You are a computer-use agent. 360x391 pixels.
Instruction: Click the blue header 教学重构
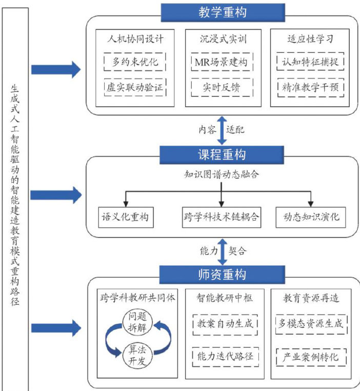(222, 12)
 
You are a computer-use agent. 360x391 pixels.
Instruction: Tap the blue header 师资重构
(222, 273)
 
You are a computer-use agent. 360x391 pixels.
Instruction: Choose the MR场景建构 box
(222, 62)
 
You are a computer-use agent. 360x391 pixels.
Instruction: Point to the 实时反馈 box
(222, 87)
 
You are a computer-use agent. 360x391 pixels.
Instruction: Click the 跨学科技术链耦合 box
(222, 217)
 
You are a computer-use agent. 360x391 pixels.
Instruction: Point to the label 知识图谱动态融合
(222, 174)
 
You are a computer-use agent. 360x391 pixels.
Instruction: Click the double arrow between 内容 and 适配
(222, 130)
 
